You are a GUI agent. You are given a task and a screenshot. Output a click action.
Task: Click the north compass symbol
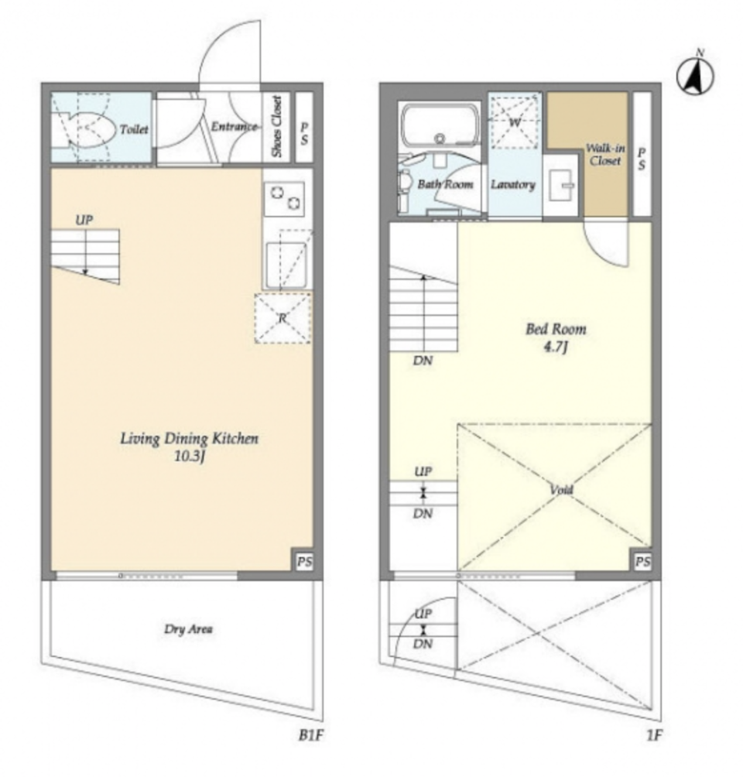[x=696, y=76]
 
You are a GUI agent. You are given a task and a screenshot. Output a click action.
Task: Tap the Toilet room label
[x=134, y=129]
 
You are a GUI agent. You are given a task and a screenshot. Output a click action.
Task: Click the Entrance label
[x=235, y=126]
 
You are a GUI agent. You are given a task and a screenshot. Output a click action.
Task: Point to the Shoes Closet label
[x=276, y=126]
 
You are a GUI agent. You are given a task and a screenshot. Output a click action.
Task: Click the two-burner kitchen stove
[x=284, y=199]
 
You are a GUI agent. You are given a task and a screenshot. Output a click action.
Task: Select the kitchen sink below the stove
[x=286, y=265]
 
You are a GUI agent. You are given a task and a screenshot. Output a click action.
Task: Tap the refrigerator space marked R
[x=283, y=318]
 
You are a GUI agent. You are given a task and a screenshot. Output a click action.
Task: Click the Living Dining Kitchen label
[x=190, y=439]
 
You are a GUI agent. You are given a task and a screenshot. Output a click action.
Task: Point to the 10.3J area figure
[x=190, y=457]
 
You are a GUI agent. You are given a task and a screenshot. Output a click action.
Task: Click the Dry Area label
[x=188, y=629]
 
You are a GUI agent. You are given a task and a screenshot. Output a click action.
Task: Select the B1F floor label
[x=311, y=735]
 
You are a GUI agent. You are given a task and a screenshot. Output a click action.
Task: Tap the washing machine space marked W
[x=515, y=122]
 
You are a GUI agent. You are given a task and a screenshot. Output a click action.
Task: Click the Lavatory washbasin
[x=562, y=185]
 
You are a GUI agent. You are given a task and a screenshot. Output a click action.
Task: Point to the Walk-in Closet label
[x=605, y=154]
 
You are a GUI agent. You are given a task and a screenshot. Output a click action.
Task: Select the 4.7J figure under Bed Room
[x=556, y=347]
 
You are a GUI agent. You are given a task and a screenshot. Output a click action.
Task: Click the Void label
[x=561, y=490]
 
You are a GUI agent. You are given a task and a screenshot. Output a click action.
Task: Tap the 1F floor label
[x=654, y=735]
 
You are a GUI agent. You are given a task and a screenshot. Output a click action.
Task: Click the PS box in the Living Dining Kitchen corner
[x=304, y=561]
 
